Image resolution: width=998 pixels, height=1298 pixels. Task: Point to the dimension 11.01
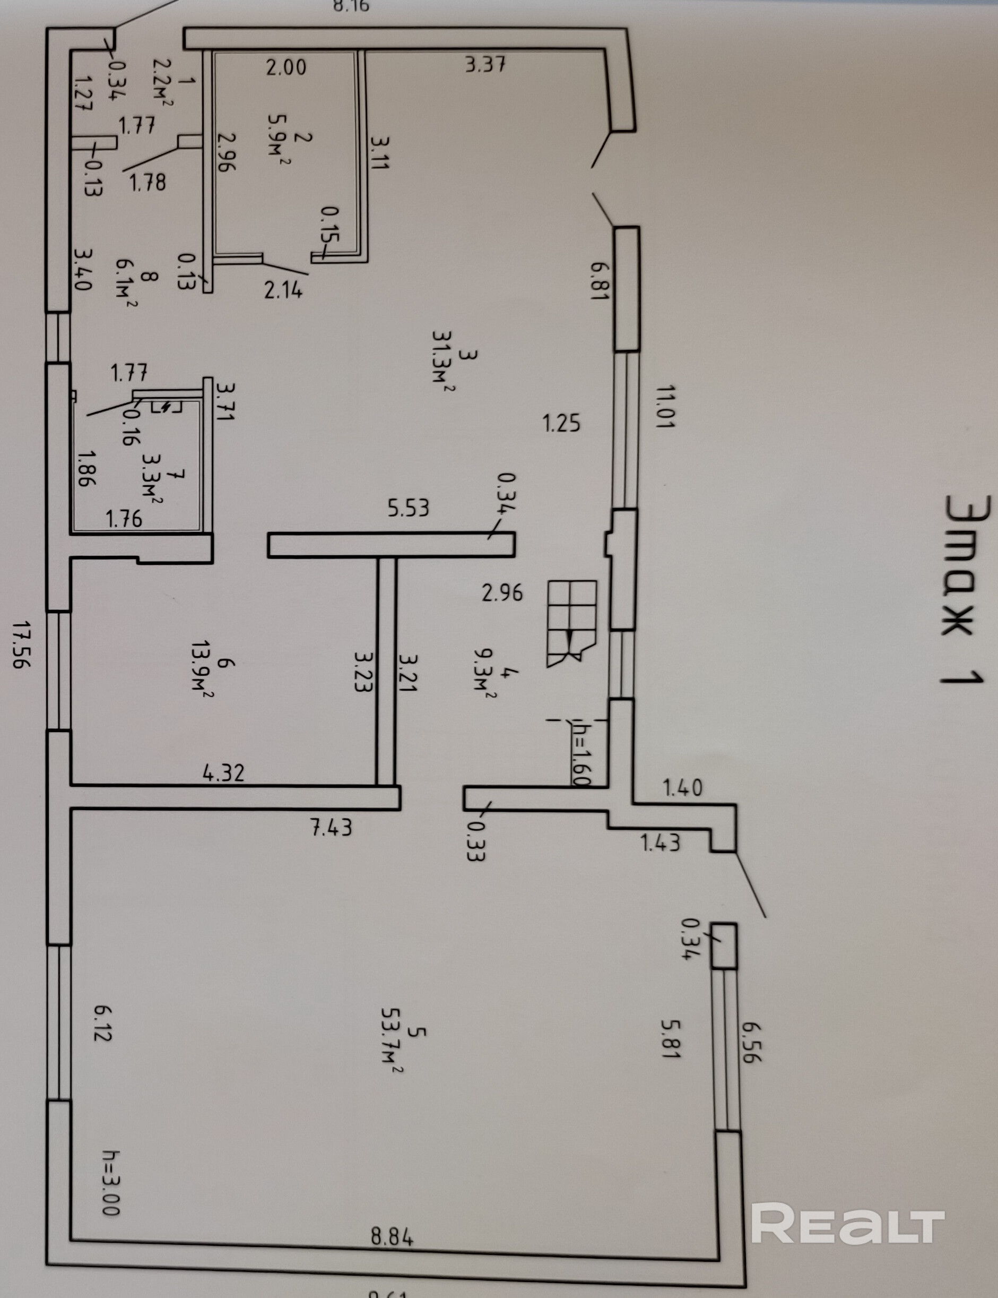coord(665,407)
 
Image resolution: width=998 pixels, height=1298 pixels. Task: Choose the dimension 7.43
coord(332,827)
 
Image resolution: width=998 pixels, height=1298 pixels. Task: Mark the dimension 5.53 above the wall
coord(408,508)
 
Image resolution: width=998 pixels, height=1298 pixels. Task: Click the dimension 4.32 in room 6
coord(223,772)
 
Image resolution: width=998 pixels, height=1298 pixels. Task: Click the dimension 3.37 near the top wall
coord(485,64)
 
